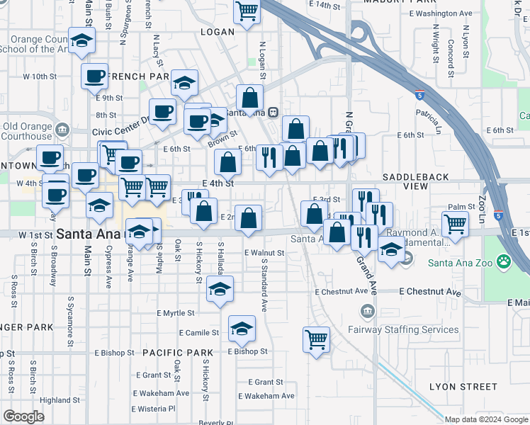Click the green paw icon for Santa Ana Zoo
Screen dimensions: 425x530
[504, 263]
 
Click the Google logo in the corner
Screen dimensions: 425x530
[23, 416]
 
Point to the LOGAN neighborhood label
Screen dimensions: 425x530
[217, 32]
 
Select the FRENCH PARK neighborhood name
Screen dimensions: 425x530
[138, 76]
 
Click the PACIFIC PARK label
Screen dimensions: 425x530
[177, 352]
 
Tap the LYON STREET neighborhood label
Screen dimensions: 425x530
[463, 386]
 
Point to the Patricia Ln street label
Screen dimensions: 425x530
[428, 121]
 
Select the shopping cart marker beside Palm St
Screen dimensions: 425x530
[456, 225]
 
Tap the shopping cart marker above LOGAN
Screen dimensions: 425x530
[247, 11]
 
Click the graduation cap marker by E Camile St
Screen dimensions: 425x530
[242, 328]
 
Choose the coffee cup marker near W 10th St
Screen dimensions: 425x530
[94, 76]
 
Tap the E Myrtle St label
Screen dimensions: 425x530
[176, 312]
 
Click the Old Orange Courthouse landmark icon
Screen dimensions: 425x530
[62, 130]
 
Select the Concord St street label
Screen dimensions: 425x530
[451, 57]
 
